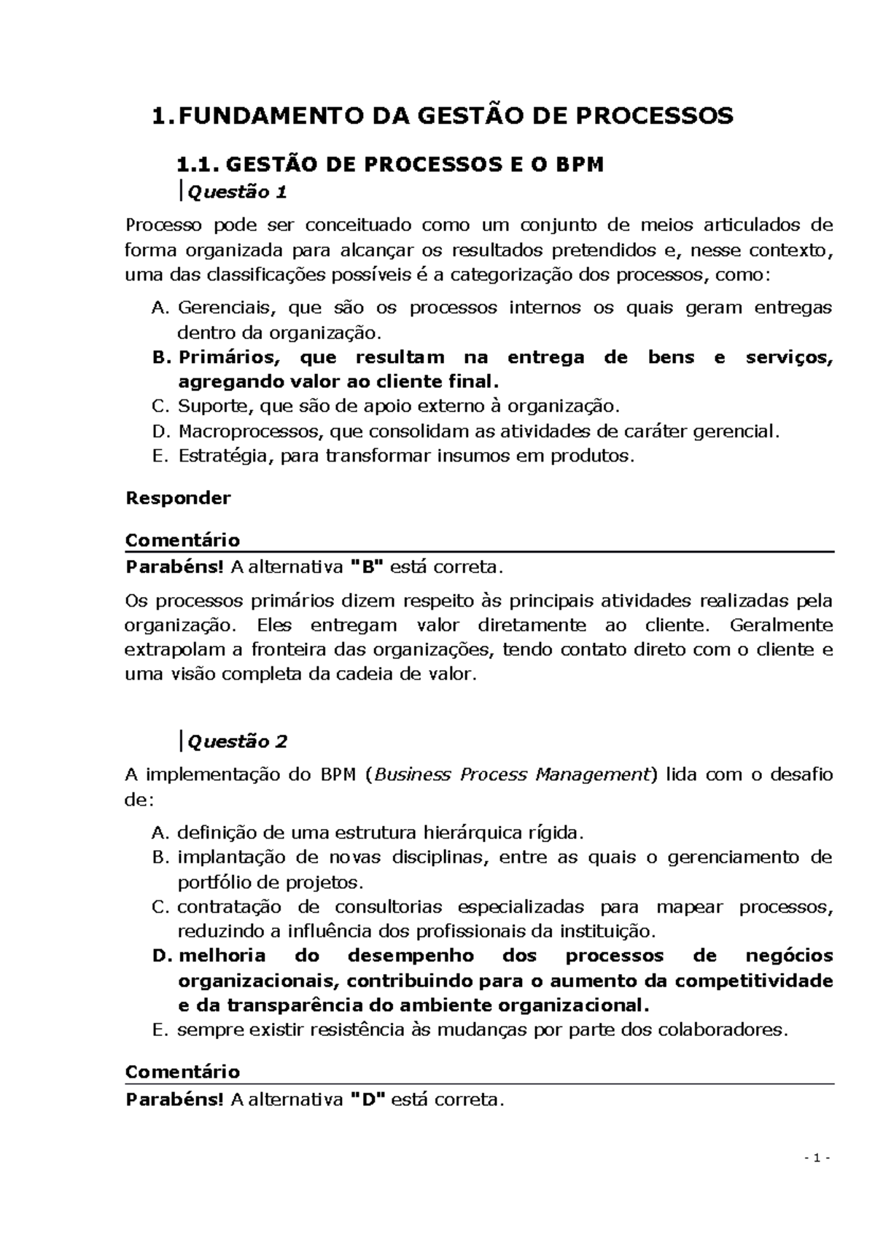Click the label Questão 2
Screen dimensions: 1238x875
point(237,741)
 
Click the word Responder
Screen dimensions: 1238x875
point(178,498)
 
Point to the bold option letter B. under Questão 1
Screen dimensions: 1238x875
point(161,358)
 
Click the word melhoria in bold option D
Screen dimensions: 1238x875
point(222,956)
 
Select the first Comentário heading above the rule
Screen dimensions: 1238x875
point(182,540)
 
